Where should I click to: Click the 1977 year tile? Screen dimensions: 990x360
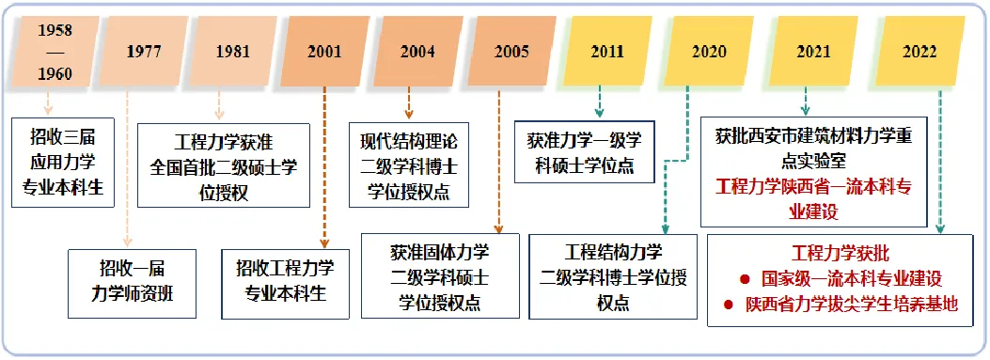(143, 51)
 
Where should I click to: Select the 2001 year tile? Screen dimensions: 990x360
(324, 51)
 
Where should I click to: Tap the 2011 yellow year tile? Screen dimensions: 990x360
(606, 51)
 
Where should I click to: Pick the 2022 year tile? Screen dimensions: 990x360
(919, 51)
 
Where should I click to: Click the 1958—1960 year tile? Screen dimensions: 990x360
(55, 51)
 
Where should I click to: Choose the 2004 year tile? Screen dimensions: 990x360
(417, 51)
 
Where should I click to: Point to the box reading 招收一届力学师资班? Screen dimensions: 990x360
(132, 284)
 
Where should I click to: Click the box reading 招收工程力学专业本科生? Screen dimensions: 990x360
(286, 284)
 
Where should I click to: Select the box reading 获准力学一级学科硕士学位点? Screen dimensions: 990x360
(585, 151)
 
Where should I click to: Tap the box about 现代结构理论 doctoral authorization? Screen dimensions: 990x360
(409, 164)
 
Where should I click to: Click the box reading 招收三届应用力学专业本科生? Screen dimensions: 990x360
(63, 163)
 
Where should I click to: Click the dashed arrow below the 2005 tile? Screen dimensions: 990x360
(499, 162)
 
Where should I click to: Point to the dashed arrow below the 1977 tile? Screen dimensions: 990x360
(128, 168)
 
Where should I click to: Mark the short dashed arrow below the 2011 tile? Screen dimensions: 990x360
(599, 104)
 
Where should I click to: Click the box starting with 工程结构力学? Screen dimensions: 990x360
(613, 276)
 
